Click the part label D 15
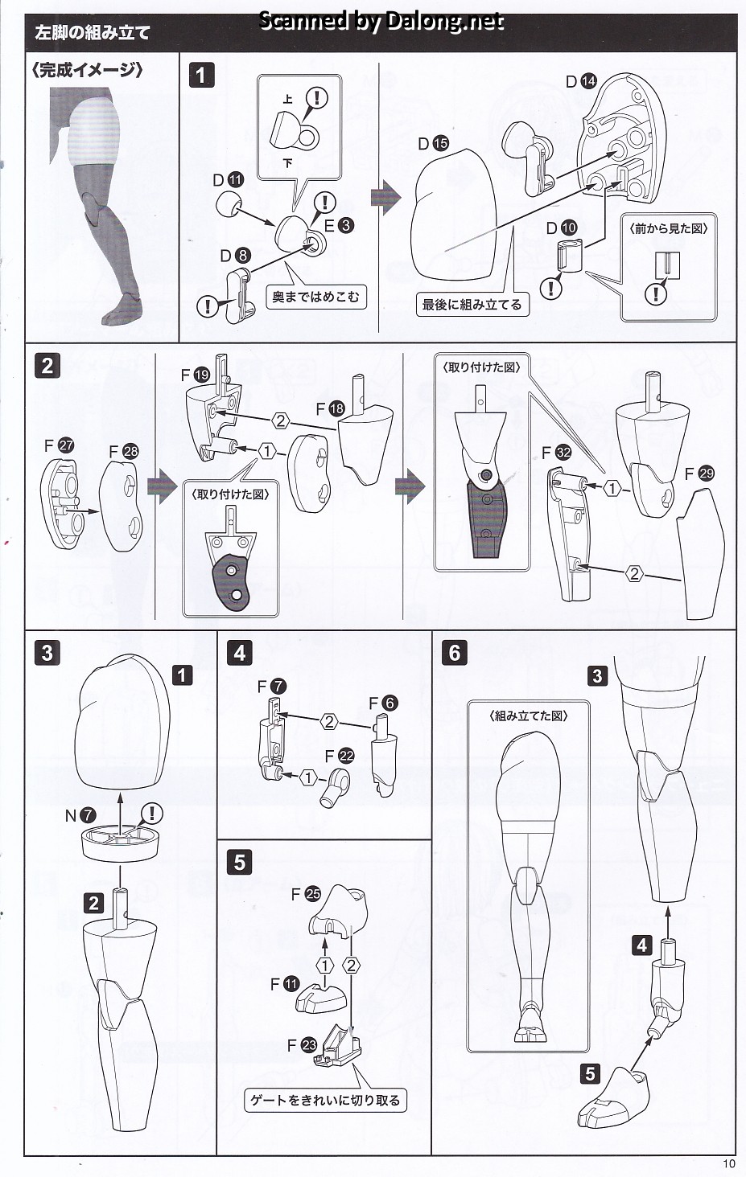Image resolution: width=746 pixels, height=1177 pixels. tap(434, 143)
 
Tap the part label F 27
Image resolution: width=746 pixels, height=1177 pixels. tap(59, 446)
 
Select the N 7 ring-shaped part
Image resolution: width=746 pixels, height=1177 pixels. tap(121, 842)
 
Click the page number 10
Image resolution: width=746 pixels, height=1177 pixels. tap(728, 1164)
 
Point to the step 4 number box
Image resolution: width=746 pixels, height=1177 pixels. tap(240, 653)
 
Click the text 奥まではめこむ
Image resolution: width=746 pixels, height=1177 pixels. tap(315, 297)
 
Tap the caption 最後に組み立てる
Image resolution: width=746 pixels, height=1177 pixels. tap(472, 304)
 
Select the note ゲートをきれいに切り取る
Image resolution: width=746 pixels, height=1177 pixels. tap(325, 1100)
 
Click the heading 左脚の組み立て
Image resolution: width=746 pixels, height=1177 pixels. tap(93, 33)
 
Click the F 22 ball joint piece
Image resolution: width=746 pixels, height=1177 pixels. tap(334, 786)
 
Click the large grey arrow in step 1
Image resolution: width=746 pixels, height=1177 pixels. tap(385, 199)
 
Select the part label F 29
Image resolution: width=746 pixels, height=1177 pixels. tap(699, 474)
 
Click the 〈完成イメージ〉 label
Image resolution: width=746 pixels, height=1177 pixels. tap(87, 70)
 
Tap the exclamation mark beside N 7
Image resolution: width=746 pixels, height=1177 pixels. tap(152, 814)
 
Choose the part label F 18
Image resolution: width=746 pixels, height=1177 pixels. tap(331, 408)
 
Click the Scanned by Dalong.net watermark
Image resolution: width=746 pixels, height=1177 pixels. tap(381, 20)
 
